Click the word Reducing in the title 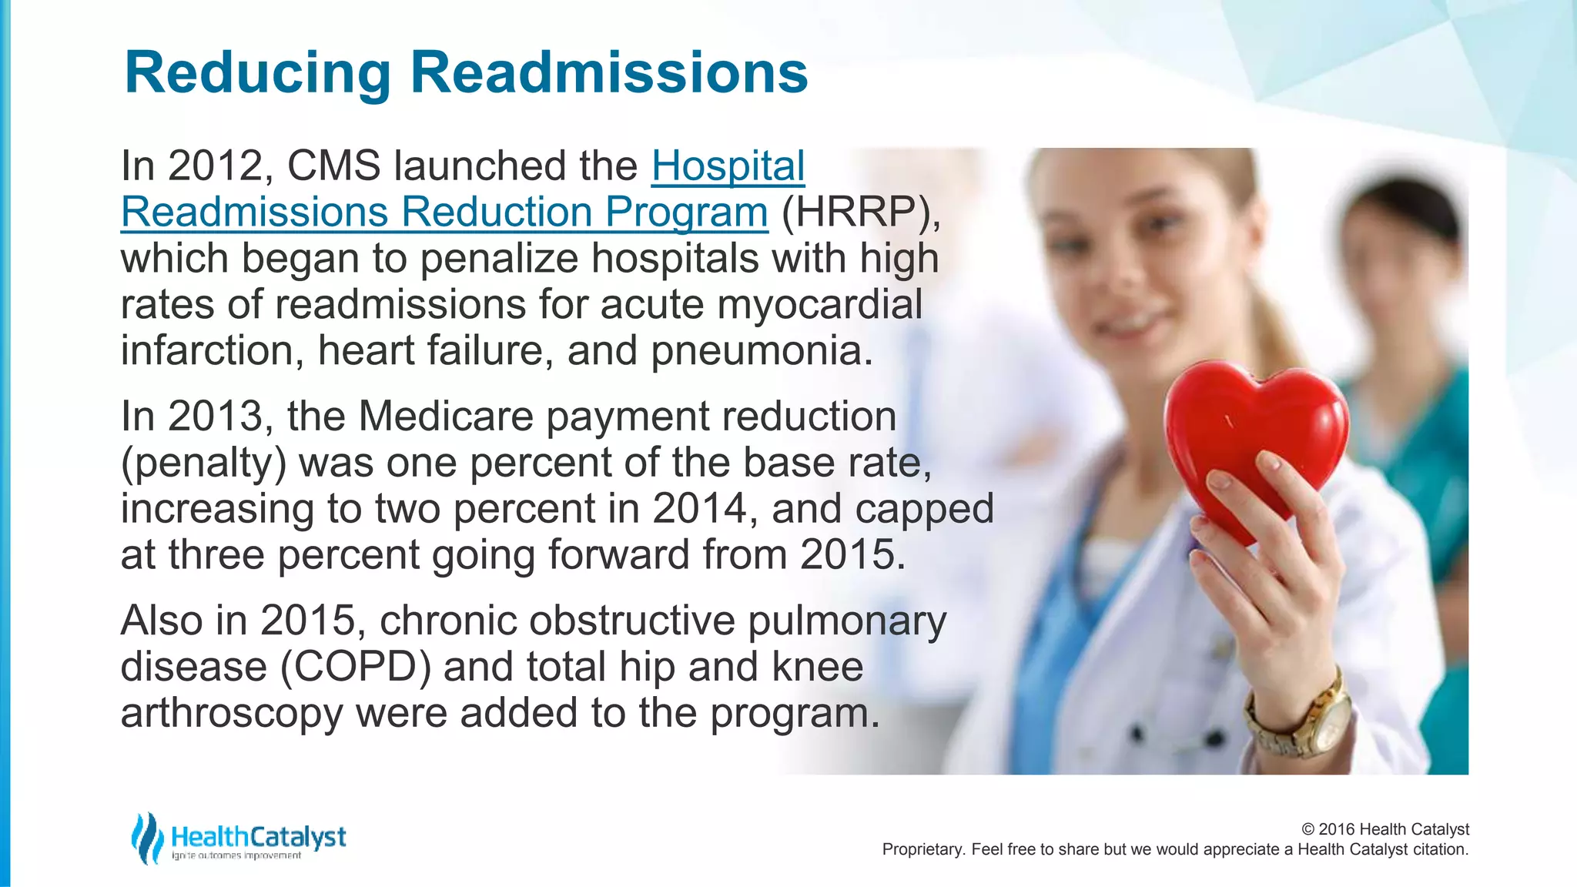(x=257, y=73)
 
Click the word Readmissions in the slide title (x=608, y=73)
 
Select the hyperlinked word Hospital (x=728, y=166)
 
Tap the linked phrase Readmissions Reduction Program (x=444, y=212)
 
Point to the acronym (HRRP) (x=860, y=212)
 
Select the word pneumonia (x=762, y=350)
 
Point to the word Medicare (x=446, y=417)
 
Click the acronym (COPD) (x=356, y=667)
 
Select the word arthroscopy (x=232, y=713)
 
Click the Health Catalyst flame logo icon (x=146, y=838)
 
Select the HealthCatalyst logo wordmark (x=259, y=836)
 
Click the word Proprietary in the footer (x=922, y=849)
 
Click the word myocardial (x=819, y=304)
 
